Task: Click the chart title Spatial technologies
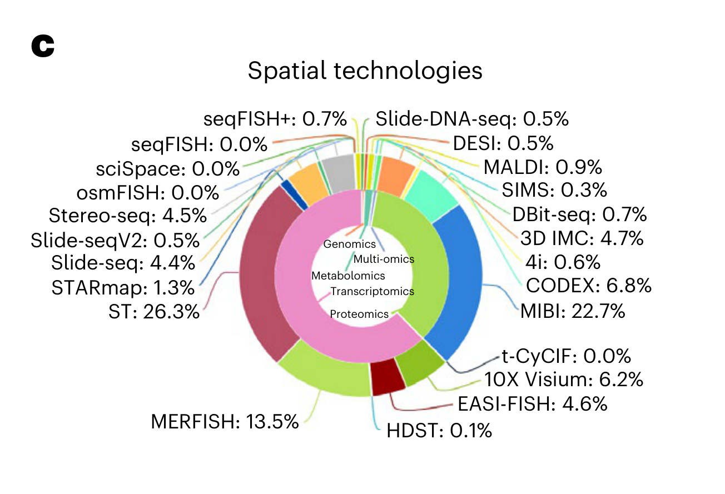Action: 365,72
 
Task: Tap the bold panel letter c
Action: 43,46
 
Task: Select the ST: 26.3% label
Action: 154,312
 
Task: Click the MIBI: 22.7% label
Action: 573,311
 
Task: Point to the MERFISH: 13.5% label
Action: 225,422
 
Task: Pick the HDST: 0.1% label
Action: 439,430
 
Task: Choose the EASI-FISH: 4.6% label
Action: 532,404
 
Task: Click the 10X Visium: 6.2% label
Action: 563,380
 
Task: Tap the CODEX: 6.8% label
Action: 588,286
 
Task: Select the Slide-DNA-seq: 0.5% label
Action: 472,119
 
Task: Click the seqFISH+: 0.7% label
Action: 275,119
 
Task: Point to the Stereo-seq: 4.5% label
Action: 128,215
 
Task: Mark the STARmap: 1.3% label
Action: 123,288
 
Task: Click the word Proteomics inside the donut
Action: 359,314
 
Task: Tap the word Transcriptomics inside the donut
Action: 372,291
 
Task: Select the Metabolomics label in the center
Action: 348,276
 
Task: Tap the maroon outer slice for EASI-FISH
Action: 387,377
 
